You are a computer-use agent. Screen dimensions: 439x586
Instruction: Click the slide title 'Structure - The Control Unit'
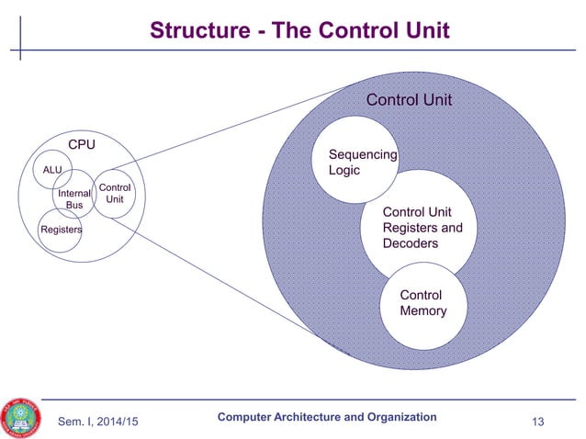click(300, 32)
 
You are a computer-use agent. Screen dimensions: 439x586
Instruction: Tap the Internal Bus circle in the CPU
click(73, 198)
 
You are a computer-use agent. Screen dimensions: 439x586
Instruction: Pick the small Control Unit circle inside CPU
click(115, 194)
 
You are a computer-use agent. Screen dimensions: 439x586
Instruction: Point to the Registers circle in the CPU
click(60, 230)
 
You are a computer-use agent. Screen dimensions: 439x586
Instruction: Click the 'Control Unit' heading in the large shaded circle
click(409, 99)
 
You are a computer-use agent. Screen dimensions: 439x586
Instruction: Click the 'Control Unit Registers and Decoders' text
click(423, 228)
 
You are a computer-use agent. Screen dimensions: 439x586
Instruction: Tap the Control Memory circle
click(423, 305)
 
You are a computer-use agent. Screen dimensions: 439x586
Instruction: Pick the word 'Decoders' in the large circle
click(410, 243)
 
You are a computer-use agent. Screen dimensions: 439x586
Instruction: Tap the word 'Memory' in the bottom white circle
click(423, 311)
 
